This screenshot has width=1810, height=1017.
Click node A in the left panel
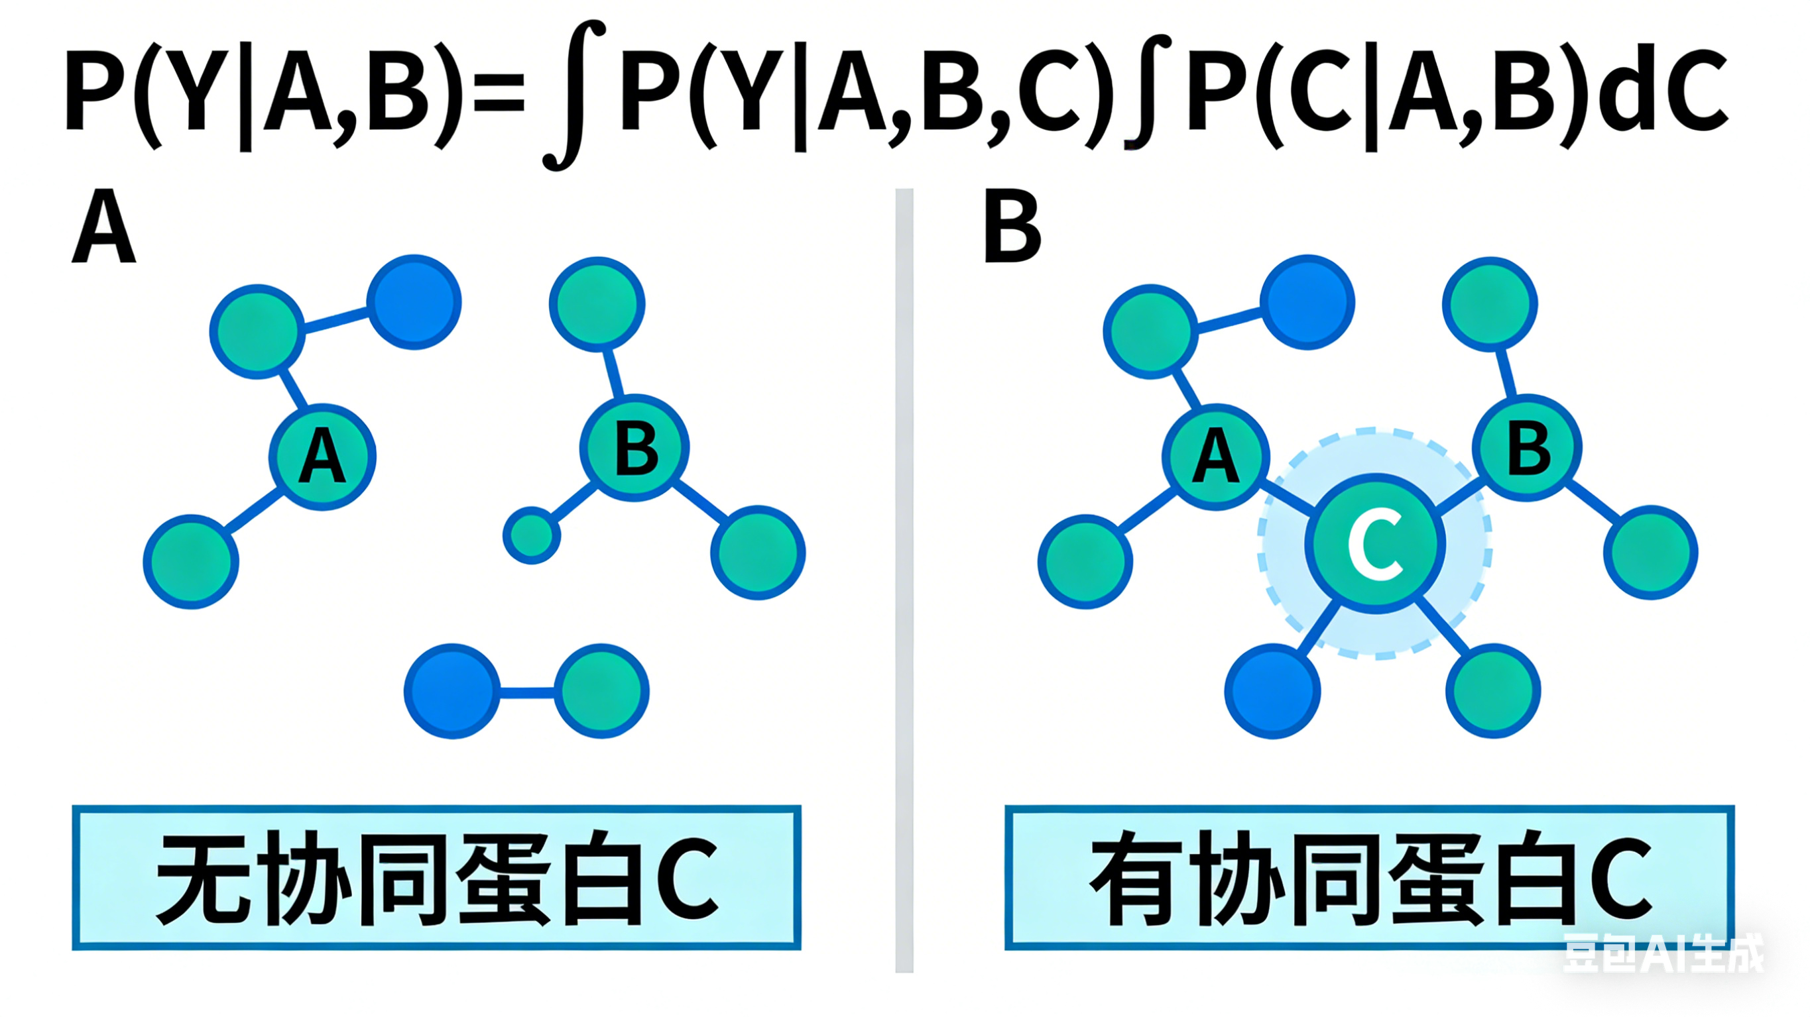point(322,456)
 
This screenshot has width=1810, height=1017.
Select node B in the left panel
point(634,448)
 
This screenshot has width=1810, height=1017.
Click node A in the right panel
point(1216,456)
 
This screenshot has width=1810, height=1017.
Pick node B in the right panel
point(1528,448)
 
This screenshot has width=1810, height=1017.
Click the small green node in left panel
point(532,535)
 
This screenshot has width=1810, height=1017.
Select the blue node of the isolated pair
point(452,691)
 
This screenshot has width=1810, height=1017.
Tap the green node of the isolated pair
point(601,691)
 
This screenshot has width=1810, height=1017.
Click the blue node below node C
point(1272,691)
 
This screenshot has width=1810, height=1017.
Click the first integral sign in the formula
point(573,95)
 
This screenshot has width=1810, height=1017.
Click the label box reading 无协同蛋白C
point(436,878)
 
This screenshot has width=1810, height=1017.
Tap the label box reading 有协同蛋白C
point(1370,878)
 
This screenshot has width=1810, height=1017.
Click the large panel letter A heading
point(103,227)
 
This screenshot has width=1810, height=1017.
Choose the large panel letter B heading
point(1012,227)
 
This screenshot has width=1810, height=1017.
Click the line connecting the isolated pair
point(527,692)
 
